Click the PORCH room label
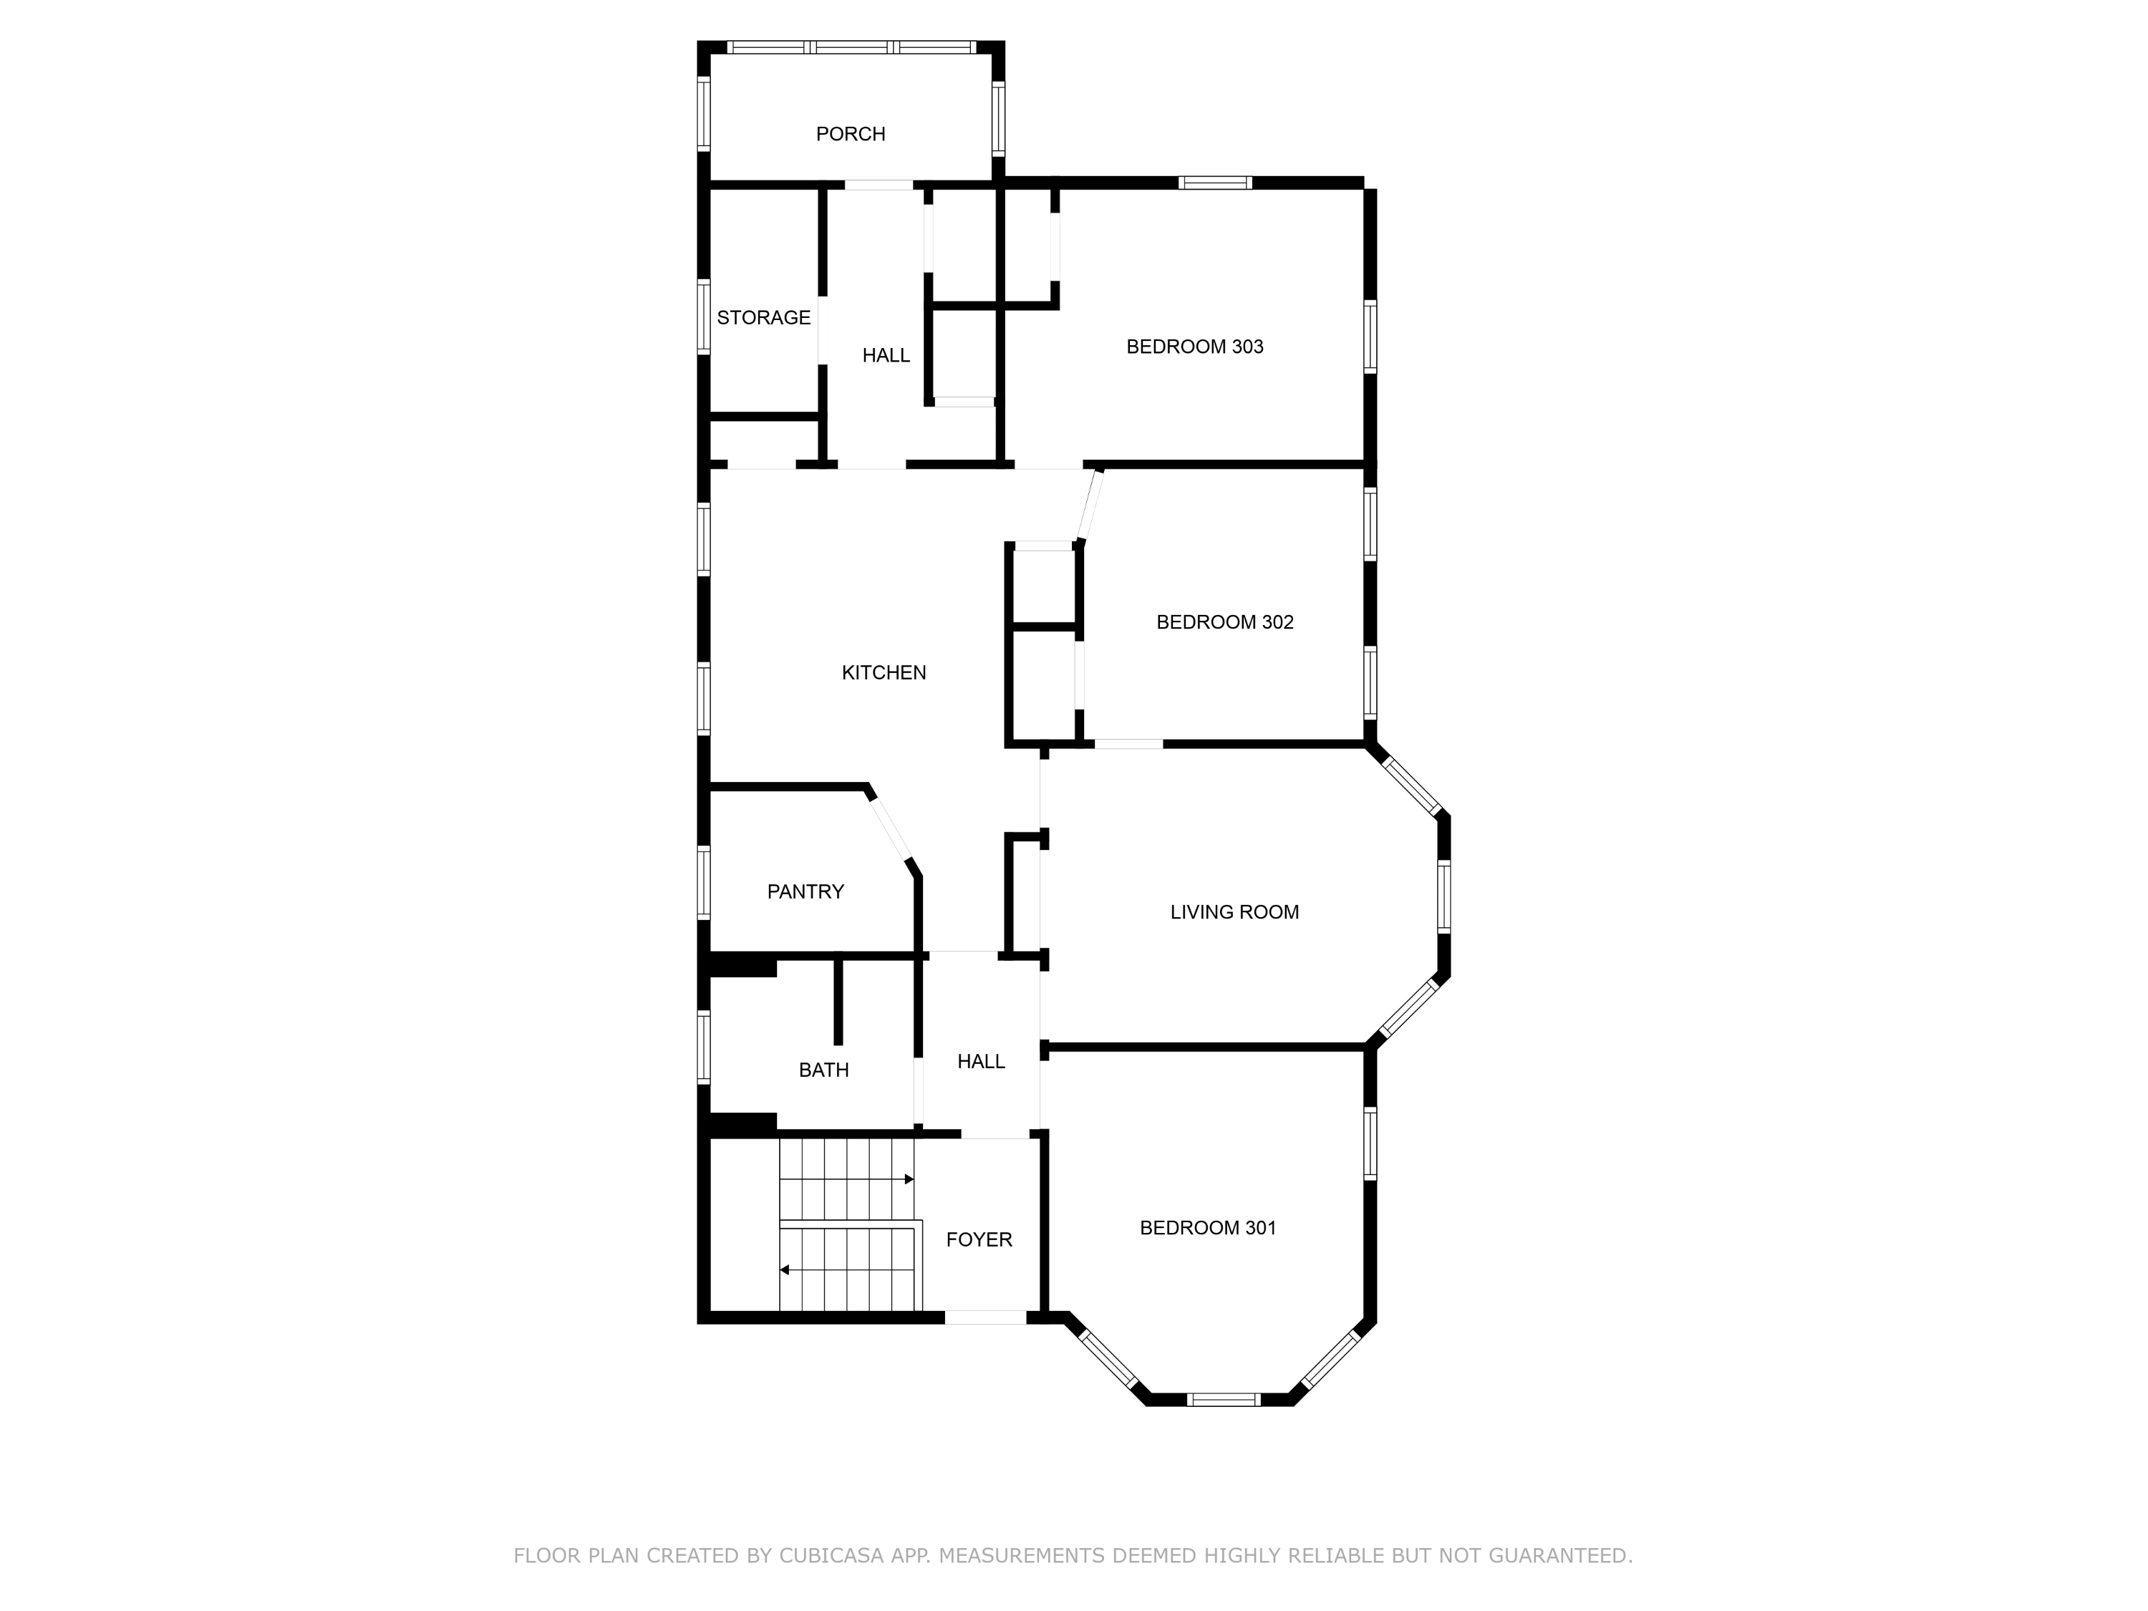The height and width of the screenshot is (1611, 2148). coord(850,134)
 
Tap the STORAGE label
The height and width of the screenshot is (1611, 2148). coord(763,317)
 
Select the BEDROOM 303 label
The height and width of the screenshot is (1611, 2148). coord(1194,347)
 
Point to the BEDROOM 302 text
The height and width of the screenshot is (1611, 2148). coord(1224,622)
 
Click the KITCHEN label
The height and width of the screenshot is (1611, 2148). coord(884,673)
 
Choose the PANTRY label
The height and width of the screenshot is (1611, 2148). coord(805,891)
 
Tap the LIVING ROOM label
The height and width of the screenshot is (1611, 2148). coord(1234,912)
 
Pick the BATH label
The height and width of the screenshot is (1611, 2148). coord(823,1070)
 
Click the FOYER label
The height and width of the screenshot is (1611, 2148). coord(979,1240)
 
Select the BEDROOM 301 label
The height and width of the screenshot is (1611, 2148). coord(1207,1229)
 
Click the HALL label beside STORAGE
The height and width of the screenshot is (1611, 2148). coord(886,355)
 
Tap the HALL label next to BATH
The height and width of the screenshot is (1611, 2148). coord(981,1061)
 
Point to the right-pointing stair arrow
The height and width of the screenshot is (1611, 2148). coord(908,1180)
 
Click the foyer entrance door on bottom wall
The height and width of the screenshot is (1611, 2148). coord(986,1317)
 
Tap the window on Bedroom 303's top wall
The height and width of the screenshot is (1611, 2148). coord(1215,183)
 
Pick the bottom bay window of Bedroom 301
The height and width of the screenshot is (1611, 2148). coord(1223,1399)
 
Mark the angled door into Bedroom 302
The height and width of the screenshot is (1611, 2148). coord(1090,505)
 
